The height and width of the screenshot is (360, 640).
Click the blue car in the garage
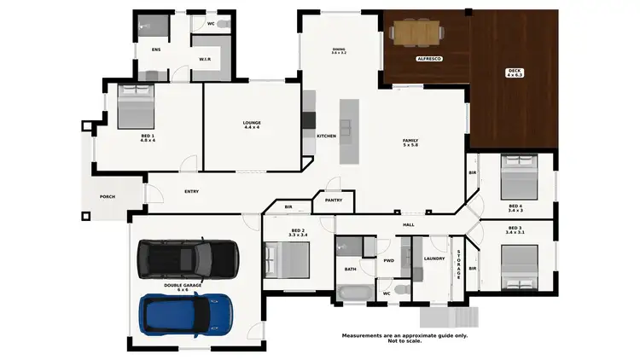coord(188,314)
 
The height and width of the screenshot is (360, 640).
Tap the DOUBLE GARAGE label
coord(183,287)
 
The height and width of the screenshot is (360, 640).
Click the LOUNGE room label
coord(252,125)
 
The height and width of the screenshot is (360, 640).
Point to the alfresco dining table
coord(416,33)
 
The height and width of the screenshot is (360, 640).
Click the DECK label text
coord(513,72)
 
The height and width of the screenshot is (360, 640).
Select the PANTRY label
coord(333,201)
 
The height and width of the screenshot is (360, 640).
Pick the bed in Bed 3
coord(519,264)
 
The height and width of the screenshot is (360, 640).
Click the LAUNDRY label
coord(434,258)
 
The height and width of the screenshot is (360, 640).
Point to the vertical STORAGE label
coord(458,264)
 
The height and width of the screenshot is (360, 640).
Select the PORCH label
coord(107,197)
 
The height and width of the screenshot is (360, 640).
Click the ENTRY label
coord(191,192)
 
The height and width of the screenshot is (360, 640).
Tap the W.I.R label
coord(205,60)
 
